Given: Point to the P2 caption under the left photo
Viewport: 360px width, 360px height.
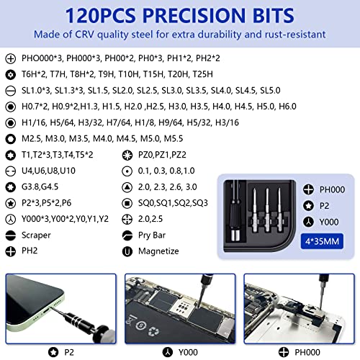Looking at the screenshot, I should tap(71, 353).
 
